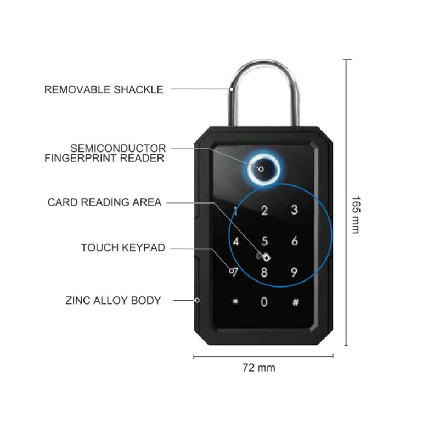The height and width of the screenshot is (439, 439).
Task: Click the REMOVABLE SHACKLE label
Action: click(104, 89)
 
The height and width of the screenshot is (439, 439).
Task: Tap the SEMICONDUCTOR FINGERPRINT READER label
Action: click(117, 153)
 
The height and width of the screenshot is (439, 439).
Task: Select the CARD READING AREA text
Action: click(104, 202)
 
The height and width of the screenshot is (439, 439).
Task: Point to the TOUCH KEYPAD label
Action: click(122, 247)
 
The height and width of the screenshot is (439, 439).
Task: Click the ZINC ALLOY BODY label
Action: click(113, 300)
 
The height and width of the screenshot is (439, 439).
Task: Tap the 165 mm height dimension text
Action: click(355, 215)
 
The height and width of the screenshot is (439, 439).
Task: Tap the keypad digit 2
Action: click(264, 210)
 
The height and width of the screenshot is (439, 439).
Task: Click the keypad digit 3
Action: click(294, 210)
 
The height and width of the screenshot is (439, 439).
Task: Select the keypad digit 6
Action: click(295, 240)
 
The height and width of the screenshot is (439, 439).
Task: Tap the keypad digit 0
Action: click(264, 302)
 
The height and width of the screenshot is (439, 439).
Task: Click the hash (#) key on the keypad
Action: click(295, 302)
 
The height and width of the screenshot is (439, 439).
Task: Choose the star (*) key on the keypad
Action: click(235, 302)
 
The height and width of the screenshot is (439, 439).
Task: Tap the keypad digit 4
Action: click(236, 241)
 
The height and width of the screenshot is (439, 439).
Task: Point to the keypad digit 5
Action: click(264, 240)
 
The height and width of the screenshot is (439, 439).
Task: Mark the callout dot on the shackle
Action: click(232, 89)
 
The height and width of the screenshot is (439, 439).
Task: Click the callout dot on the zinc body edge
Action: click(196, 300)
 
